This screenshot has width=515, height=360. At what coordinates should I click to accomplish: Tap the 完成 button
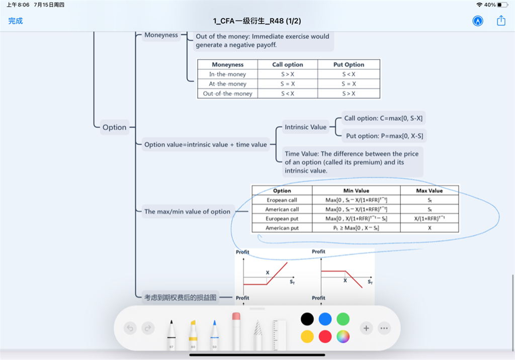tap(16, 21)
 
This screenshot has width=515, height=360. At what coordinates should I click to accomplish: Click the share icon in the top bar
tap(501, 21)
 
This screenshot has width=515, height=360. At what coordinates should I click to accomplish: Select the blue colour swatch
tap(325, 319)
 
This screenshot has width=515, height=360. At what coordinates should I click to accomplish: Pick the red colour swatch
tap(325, 336)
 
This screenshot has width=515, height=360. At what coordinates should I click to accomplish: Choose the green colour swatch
tap(343, 319)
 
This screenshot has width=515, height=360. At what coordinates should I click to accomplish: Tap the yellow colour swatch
tap(308, 336)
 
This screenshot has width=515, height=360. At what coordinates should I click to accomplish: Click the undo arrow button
tap(130, 328)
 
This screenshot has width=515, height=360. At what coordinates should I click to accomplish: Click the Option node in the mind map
tap(114, 127)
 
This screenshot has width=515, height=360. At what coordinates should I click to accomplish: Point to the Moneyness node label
tap(161, 35)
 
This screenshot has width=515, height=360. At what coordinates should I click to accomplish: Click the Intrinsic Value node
tap(305, 127)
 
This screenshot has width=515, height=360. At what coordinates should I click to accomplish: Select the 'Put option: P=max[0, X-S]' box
tap(383, 136)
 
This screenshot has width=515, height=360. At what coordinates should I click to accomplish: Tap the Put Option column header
tap(349, 64)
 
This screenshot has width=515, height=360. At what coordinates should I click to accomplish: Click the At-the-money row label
tap(227, 84)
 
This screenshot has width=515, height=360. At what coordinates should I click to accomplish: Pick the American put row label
tap(282, 228)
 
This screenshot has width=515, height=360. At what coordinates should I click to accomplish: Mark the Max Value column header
tap(429, 191)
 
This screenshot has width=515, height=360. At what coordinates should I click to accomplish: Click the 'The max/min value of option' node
tap(187, 212)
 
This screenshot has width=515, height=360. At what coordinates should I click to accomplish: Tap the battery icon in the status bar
tap(502, 5)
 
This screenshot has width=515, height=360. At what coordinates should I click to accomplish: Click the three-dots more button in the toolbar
tap(384, 328)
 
